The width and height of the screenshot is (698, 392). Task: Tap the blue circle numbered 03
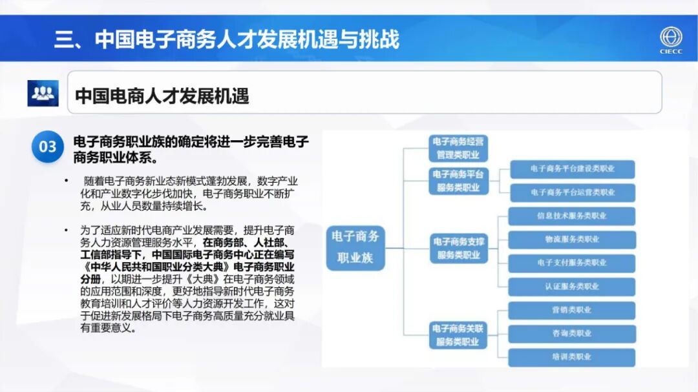tap(48, 147)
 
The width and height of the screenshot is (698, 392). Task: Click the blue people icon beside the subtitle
tap(43, 94)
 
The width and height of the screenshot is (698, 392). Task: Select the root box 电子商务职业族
tap(355, 247)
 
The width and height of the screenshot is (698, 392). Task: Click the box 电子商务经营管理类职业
tap(458, 148)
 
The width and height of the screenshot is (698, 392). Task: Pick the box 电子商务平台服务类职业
tap(458, 181)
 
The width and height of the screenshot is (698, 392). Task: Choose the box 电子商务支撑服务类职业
tap(458, 248)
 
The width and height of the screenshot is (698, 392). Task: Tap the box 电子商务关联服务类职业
tap(458, 335)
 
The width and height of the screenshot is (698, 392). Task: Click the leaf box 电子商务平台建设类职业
tap(572, 169)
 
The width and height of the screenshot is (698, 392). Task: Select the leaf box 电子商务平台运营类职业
tap(572, 192)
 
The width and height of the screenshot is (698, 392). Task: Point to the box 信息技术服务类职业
tap(572, 216)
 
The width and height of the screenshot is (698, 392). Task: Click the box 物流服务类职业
tap(572, 240)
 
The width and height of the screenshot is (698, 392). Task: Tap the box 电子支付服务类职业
tap(572, 263)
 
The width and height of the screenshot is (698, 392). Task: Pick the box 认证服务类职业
tap(572, 286)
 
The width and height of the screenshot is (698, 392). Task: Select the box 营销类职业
tap(572, 310)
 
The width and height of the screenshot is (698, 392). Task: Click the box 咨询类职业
tap(572, 333)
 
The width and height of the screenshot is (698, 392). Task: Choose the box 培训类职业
tap(572, 356)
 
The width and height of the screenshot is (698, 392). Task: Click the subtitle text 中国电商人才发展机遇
tap(162, 96)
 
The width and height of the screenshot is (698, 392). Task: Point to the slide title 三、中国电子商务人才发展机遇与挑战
tap(226, 39)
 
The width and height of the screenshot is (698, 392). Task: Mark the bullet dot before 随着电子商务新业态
tap(65, 180)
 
